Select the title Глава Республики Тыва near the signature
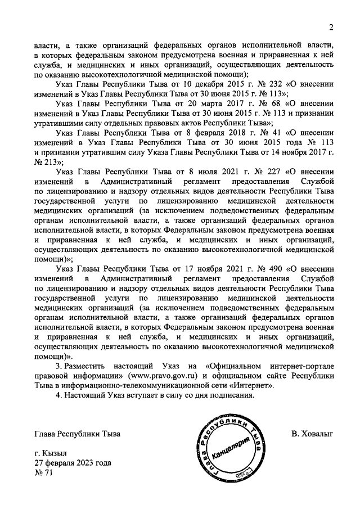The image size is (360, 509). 77,434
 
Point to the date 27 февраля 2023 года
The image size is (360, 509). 73,463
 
